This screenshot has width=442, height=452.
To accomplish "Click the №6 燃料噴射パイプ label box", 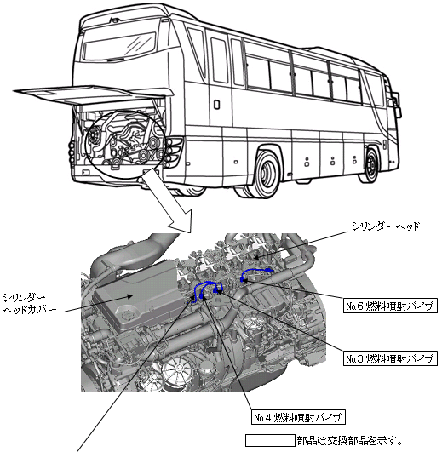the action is tap(390, 306).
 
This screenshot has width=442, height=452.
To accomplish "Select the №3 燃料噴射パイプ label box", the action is tap(390, 358).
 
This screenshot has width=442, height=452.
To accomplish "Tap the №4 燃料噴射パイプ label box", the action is tap(298, 416).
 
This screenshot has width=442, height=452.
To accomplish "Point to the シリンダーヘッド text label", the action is tap(386, 226).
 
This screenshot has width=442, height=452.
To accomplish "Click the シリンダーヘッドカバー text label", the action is tap(29, 303).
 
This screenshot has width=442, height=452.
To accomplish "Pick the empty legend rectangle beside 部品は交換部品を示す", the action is tap(270, 440).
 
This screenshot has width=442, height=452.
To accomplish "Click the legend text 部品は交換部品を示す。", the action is tap(350, 440).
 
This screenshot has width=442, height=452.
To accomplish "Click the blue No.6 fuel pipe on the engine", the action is tap(256, 272).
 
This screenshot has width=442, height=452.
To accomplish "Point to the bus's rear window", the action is tap(119, 47).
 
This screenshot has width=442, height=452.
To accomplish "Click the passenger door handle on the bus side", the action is tap(216, 105).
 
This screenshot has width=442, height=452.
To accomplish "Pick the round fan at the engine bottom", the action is tap(178, 373).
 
